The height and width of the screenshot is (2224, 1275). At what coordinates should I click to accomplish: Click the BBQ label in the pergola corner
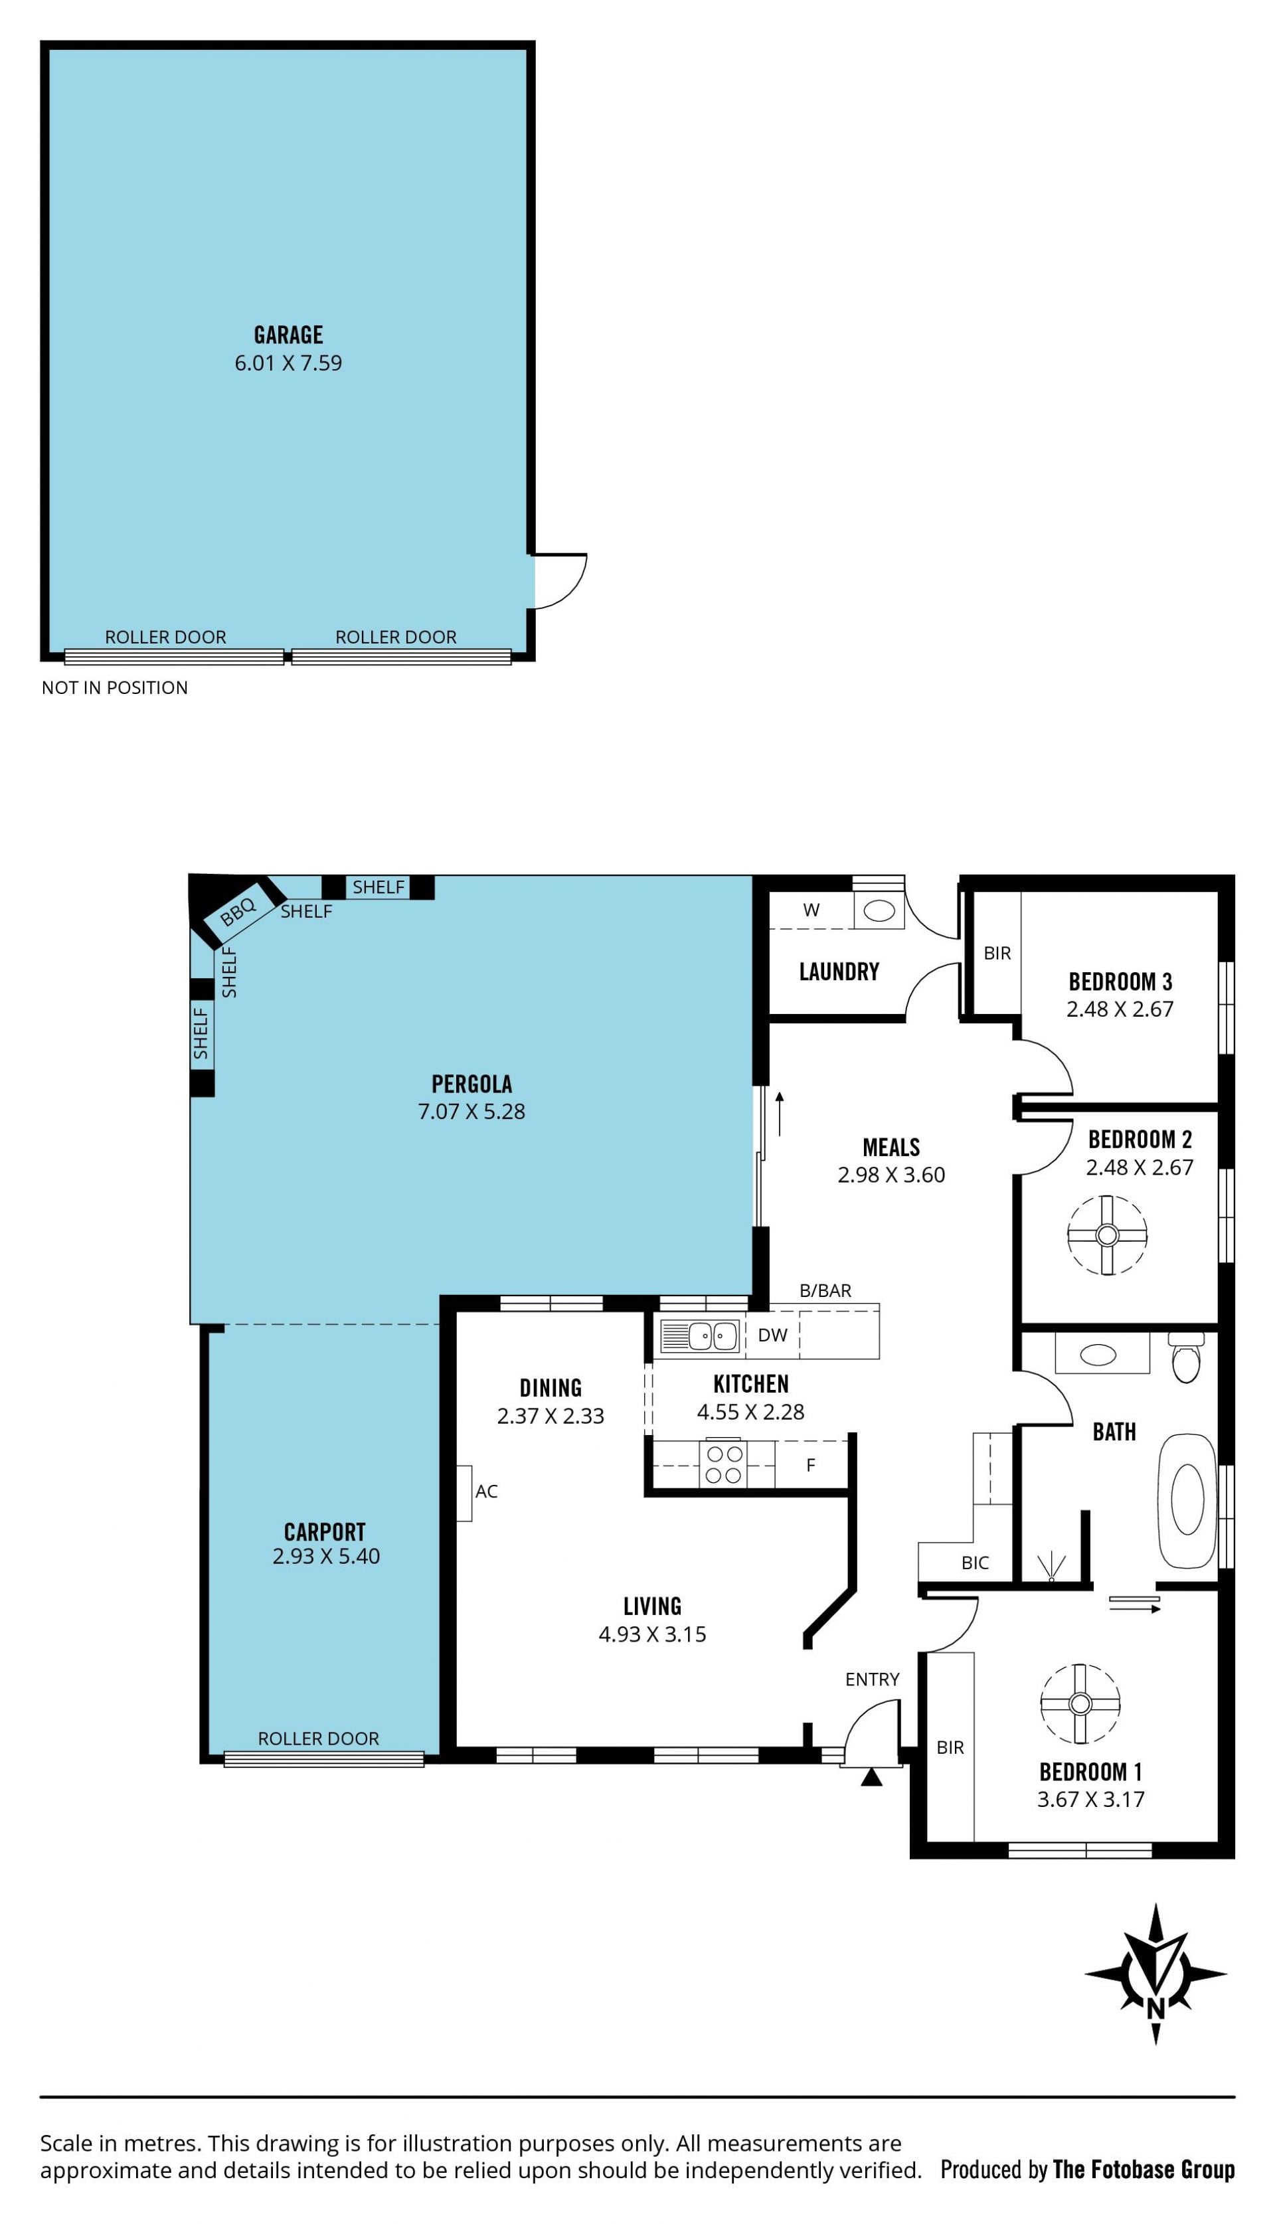[x=237, y=912]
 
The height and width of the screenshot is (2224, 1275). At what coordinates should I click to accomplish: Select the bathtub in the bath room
[x=1187, y=1501]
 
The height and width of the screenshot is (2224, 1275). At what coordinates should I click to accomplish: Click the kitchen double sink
[x=700, y=1335]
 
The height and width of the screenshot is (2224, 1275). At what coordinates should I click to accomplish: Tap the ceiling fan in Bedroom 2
[x=1107, y=1235]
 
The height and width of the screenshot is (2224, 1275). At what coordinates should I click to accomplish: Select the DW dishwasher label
[x=772, y=1335]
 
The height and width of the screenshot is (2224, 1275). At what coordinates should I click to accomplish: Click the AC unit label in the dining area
[x=486, y=1491]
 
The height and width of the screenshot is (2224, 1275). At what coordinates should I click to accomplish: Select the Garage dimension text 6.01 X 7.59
[x=288, y=363]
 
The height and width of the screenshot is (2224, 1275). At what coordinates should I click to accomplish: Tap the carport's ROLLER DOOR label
[x=318, y=1738]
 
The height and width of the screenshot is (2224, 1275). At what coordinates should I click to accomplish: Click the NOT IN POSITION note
[x=115, y=687]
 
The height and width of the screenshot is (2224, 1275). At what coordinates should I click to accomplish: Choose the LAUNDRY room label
[x=839, y=971]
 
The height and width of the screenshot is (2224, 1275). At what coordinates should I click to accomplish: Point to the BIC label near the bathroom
[x=975, y=1563]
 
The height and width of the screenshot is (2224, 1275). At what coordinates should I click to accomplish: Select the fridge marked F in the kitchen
[x=811, y=1465]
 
